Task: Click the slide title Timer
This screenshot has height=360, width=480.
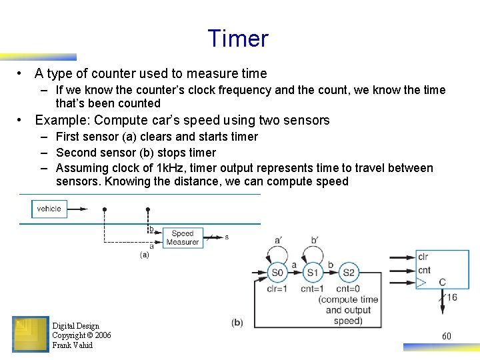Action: pos(238,39)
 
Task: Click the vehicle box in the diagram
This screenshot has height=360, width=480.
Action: pos(49,209)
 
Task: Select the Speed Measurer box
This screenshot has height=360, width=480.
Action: pos(182,238)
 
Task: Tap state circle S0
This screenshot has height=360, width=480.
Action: pos(277,272)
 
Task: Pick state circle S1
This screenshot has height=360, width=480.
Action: pos(311,272)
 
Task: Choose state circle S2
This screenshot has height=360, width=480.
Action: pos(347,272)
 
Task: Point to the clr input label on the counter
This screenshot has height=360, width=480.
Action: pos(423,257)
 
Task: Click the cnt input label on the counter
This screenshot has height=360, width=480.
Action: pos(424,271)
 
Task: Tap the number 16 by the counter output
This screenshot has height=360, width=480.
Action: pos(451,297)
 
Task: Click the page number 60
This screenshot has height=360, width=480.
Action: pos(447,336)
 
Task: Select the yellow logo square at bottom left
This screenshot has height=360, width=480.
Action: pos(31,334)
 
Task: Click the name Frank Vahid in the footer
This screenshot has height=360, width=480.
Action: pos(73,345)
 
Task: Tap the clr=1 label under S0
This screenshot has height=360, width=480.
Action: pos(276,289)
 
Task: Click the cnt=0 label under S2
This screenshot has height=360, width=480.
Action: pos(348,289)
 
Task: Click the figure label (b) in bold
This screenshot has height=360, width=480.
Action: pos(237,323)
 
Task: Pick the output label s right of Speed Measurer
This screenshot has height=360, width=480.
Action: pos(227,237)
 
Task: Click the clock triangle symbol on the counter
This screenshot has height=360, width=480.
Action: pos(421,283)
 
